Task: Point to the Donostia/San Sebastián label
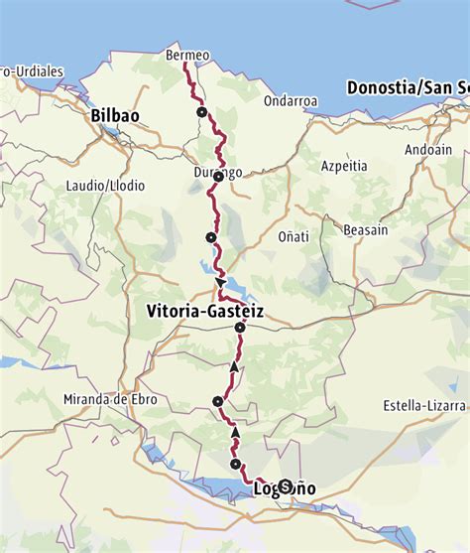[408, 87]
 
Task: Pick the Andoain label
[426, 150]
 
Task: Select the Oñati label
[292, 236]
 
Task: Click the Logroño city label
[285, 488]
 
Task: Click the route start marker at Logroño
[286, 486]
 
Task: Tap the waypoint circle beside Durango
[219, 177]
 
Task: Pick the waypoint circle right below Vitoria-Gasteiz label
[240, 328]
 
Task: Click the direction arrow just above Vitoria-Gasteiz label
[219, 285]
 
